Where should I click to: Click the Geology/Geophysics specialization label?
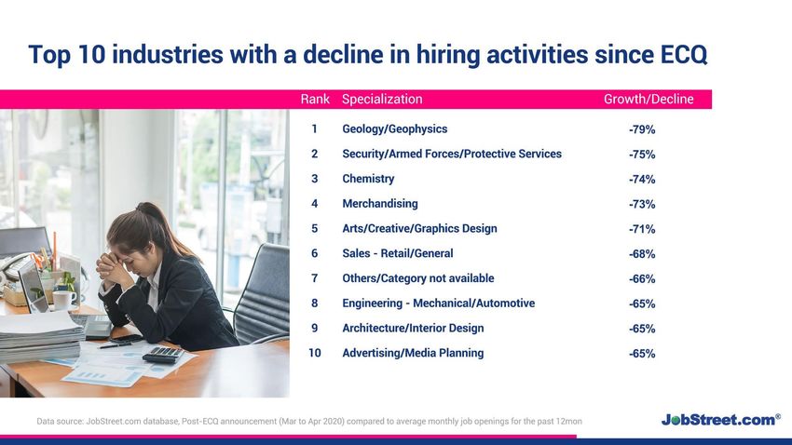click(x=394, y=129)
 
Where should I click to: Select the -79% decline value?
click(x=642, y=129)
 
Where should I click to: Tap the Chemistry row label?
click(x=368, y=179)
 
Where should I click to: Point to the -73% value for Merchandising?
click(x=642, y=204)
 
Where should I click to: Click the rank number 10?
click(x=315, y=353)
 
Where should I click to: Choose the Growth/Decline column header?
click(x=649, y=99)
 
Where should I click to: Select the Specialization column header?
click(x=382, y=100)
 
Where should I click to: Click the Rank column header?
click(x=315, y=99)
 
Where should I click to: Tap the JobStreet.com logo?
click(x=721, y=419)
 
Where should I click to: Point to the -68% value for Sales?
click(x=642, y=254)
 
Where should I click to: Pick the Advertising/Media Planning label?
click(x=413, y=353)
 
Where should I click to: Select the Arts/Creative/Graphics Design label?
click(x=419, y=229)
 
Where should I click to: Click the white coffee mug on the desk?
click(x=63, y=299)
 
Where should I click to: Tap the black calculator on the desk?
click(x=164, y=354)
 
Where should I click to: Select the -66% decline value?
click(x=642, y=279)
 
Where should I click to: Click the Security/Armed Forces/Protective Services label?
click(x=452, y=154)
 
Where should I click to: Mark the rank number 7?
click(x=315, y=278)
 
